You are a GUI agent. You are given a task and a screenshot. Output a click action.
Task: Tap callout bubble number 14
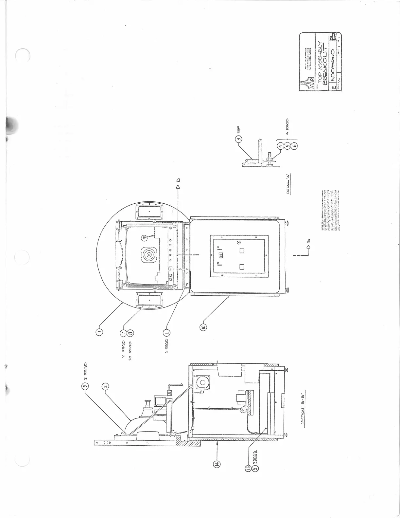(x=217, y=464)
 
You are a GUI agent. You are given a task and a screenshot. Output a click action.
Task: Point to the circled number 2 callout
(x=105, y=387)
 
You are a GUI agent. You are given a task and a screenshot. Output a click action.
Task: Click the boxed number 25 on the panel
(x=220, y=255)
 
